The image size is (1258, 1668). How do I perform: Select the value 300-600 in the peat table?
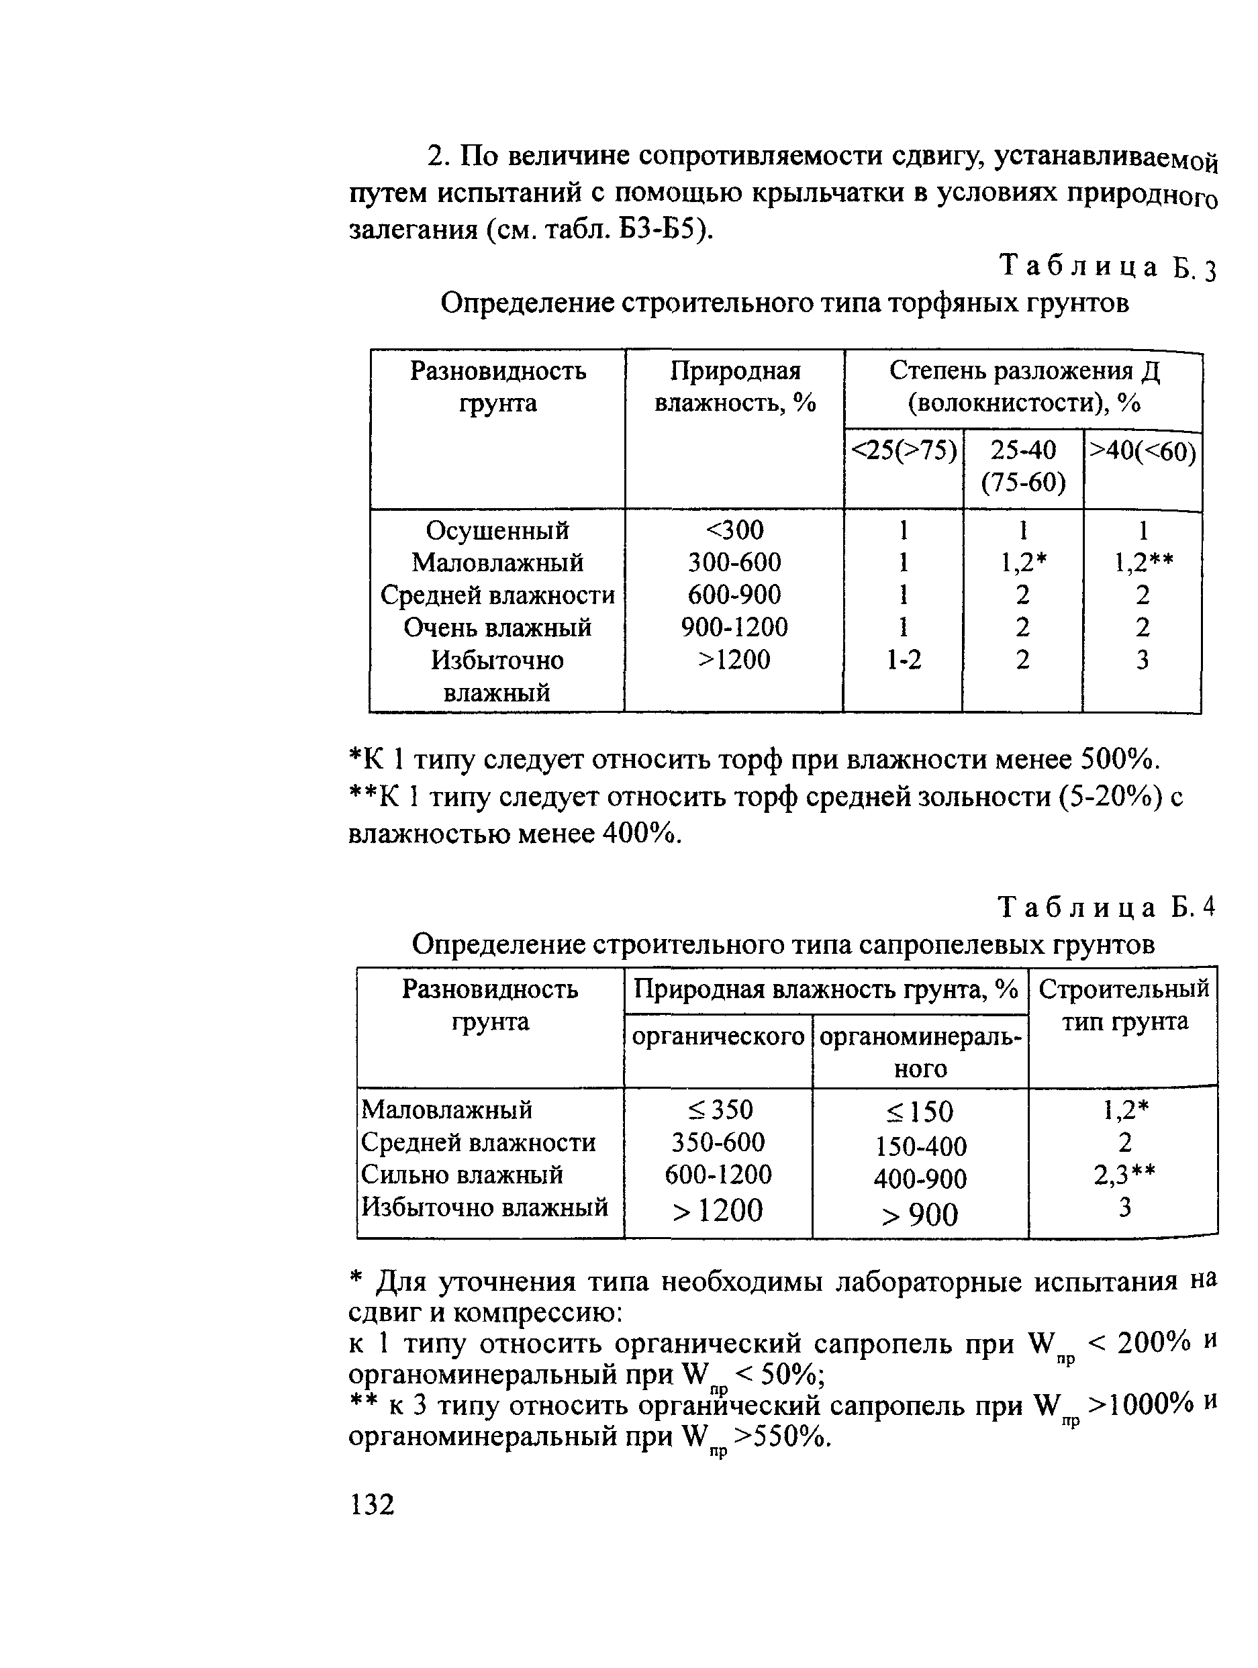tap(734, 562)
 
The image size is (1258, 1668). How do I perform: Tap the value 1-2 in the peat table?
tap(903, 660)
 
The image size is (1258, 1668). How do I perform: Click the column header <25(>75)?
tap(904, 451)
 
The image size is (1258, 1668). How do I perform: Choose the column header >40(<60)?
tap(1143, 451)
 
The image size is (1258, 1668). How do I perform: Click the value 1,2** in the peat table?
tap(1143, 562)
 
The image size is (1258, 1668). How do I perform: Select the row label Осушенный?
tap(497, 530)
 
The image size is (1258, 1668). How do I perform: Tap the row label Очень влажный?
tap(497, 628)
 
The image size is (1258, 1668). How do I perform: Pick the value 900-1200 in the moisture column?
tap(734, 628)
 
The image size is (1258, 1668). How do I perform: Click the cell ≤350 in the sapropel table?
tap(720, 1110)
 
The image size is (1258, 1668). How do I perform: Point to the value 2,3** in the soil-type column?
tap(1124, 1175)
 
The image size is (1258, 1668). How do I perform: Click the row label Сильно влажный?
tap(462, 1175)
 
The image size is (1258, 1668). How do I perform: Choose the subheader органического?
tap(718, 1037)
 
